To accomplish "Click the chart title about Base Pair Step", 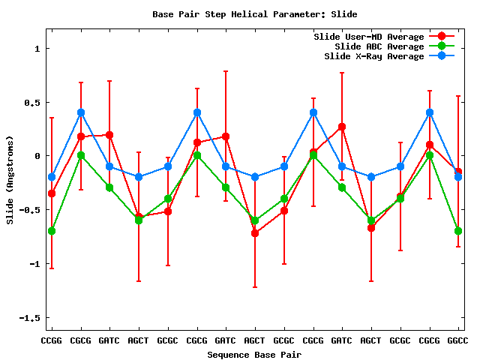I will [x=254, y=13].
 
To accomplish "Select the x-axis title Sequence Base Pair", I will [x=254, y=354].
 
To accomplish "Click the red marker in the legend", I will [x=442, y=37].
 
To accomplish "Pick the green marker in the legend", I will [x=442, y=46].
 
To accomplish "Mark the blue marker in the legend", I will [x=442, y=56].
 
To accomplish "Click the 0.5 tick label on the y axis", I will [x=32, y=102].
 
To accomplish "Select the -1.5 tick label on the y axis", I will [x=29, y=318].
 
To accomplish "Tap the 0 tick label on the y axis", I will [x=37, y=156].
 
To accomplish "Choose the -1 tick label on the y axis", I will [x=34, y=264].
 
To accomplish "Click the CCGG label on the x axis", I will [x=52, y=340].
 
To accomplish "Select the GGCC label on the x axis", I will [x=458, y=340].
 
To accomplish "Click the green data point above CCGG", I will [x=52, y=231].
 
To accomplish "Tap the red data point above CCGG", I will [x=52, y=193].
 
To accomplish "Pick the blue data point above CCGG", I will [x=52, y=177].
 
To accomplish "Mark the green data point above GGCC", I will [x=458, y=231].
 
